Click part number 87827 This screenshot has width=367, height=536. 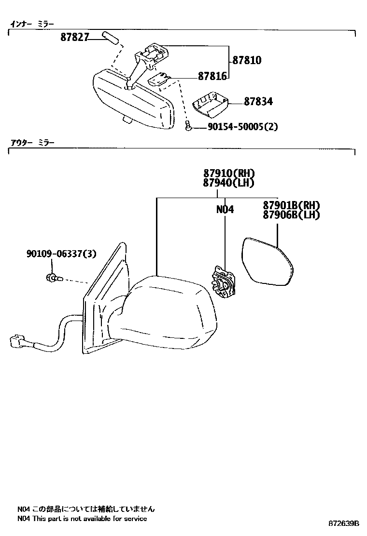click(x=75, y=37)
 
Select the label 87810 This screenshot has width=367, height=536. click(x=247, y=60)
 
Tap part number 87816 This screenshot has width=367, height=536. click(x=212, y=76)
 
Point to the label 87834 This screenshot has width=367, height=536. click(x=258, y=102)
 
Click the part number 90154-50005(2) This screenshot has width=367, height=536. click(x=236, y=127)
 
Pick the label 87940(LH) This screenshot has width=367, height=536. click(x=228, y=183)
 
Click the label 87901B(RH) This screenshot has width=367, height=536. click(x=291, y=205)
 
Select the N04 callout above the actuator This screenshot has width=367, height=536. click(x=225, y=210)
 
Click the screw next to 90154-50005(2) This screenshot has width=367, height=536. click(x=189, y=127)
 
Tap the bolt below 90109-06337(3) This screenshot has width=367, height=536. click(x=52, y=278)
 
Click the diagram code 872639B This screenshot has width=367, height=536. click(x=344, y=523)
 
